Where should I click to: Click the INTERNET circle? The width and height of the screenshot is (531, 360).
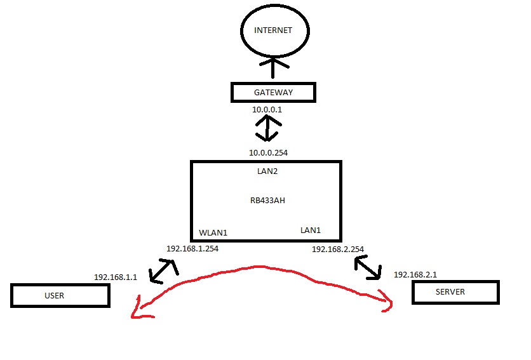coord(274,31)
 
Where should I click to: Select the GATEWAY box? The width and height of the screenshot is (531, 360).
coord(272,93)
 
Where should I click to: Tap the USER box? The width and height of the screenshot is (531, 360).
coord(60,296)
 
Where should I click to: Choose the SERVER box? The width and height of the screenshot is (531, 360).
coord(455,292)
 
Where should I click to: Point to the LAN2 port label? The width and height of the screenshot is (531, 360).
coord(266,171)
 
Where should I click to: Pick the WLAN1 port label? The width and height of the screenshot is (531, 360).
coord(213,233)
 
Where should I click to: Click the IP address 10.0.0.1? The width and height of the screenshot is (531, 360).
coord(267,110)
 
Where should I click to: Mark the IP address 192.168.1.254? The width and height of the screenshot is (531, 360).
coord(192,248)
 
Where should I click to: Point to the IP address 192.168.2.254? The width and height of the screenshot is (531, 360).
coord(338,250)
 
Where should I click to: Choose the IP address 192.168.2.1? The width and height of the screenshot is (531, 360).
coord(415,274)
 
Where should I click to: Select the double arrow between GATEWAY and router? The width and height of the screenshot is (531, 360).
coord(267,130)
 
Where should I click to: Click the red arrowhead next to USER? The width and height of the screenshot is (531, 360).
coord(140,311)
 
